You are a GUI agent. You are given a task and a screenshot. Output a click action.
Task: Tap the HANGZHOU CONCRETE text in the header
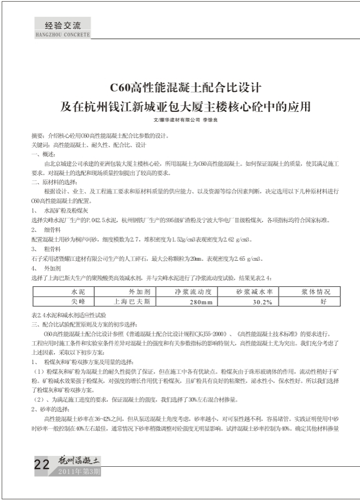[x=62, y=34]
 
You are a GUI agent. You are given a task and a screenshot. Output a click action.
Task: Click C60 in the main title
[x=122, y=87]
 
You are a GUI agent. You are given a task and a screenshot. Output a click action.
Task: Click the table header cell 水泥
[x=71, y=292]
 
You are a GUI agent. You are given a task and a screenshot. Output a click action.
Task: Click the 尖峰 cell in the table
[x=71, y=300]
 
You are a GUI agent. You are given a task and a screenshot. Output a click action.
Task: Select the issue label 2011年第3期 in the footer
[x=79, y=471]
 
